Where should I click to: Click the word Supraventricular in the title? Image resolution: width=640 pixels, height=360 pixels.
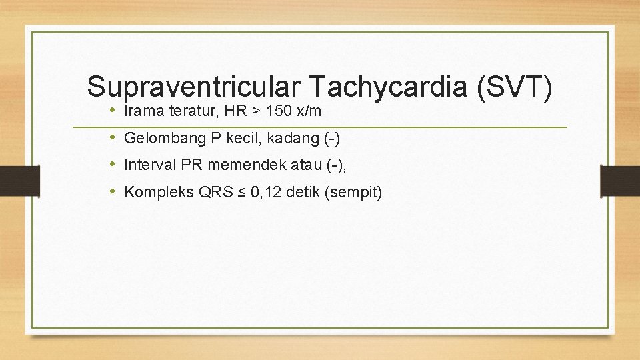point(194,87)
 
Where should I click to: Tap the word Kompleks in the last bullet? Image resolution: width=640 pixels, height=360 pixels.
point(158,193)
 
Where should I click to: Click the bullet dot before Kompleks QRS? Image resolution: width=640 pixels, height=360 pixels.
point(114,193)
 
